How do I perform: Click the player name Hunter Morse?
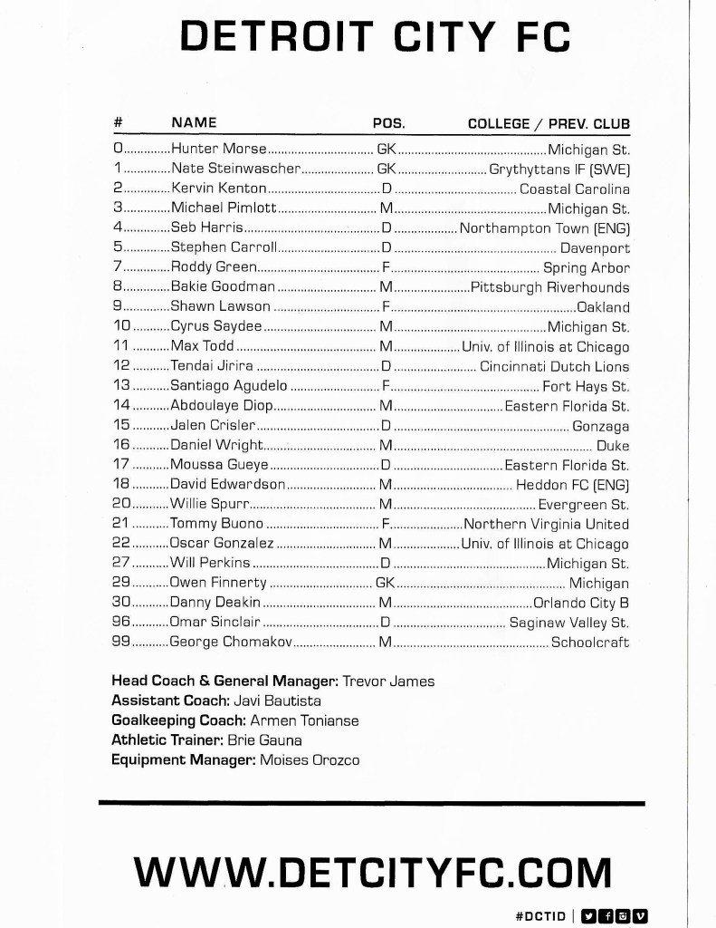coord(219,150)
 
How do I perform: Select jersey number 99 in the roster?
coord(121,643)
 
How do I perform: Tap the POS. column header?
coord(388,123)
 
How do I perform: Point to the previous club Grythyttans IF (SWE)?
coord(559,169)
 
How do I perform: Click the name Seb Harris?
coord(206,228)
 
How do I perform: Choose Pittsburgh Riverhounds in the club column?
coord(549,287)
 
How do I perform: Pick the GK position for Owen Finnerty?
coord(385,584)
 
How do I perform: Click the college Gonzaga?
coord(600,426)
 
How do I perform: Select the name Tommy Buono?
coord(216,524)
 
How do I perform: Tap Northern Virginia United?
coord(546,524)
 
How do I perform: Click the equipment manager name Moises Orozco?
coord(310,759)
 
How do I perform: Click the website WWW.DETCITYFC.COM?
coord(372,873)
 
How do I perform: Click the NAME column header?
coord(194,123)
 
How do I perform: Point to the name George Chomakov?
coord(231,643)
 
